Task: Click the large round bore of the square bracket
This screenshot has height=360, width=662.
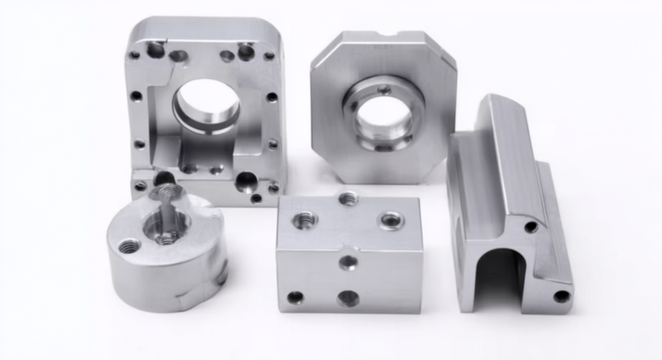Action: (x=207, y=107)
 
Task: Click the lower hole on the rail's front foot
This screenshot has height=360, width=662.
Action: (x=561, y=296)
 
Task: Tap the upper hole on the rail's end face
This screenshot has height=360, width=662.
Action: (x=531, y=227)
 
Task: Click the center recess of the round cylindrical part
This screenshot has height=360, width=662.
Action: (x=168, y=229)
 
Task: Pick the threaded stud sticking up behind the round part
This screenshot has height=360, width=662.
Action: (x=168, y=192)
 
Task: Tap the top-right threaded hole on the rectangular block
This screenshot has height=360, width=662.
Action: (x=392, y=220)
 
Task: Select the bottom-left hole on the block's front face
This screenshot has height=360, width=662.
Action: (x=295, y=297)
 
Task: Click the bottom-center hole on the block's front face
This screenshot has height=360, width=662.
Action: (x=348, y=297)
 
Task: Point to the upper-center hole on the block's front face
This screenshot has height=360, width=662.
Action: (x=348, y=262)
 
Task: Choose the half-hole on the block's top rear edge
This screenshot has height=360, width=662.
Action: (x=349, y=197)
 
